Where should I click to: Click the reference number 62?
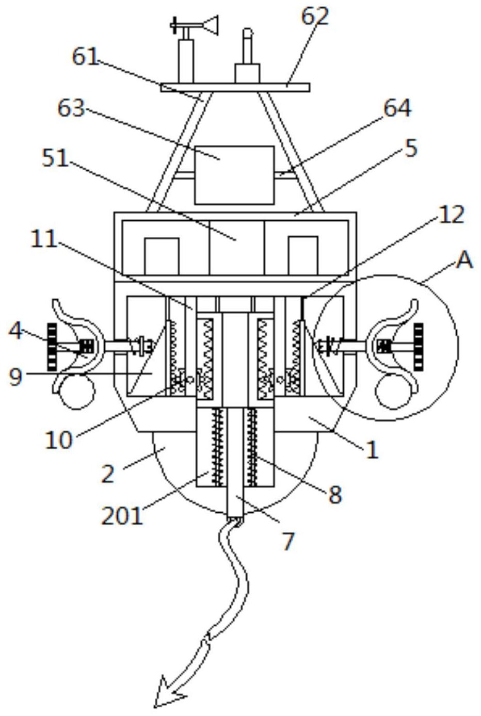(315, 17)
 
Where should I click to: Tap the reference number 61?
(85, 57)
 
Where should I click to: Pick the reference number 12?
(451, 215)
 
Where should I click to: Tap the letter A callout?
(464, 261)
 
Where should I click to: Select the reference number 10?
(58, 440)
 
